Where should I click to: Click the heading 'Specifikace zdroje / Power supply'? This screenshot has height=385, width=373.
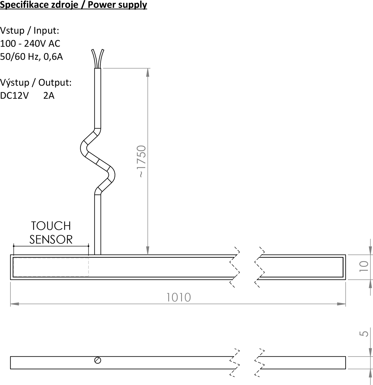tap(73, 5)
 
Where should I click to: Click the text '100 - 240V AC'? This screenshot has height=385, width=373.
tap(30, 44)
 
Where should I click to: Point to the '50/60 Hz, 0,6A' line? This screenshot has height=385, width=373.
tap(31, 57)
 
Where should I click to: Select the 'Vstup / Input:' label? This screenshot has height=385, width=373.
tap(30, 31)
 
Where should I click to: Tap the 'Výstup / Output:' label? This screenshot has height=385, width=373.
tap(36, 83)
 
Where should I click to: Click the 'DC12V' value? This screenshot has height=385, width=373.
tap(14, 96)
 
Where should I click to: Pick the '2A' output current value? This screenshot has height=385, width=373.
tap(49, 96)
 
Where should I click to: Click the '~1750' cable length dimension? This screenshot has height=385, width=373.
tap(141, 161)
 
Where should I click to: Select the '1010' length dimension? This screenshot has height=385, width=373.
tap(178, 297)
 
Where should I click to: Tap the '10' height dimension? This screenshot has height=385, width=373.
tap(364, 266)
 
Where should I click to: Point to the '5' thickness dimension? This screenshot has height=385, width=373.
tap(364, 334)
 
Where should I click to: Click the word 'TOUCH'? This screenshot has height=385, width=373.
tap(51, 226)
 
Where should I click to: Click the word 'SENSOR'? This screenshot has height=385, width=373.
tap(51, 239)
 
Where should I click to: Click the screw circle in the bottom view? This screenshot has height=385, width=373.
tap(98, 360)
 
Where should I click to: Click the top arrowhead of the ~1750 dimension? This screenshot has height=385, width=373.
tap(148, 73)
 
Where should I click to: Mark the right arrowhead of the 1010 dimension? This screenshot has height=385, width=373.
tap(341, 304)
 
